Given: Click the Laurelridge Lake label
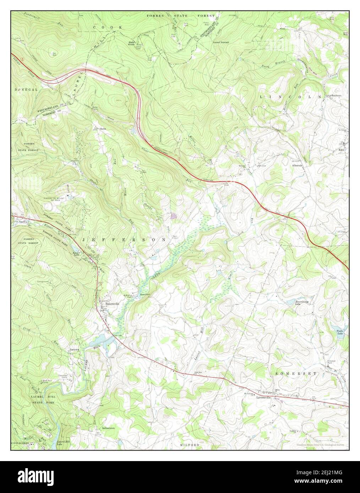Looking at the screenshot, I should point(301,303).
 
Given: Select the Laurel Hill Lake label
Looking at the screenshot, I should point(63,443).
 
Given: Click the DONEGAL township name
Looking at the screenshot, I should point(26,90).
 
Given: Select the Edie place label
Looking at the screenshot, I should point(342,150).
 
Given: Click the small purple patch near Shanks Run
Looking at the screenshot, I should point(173,215).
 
